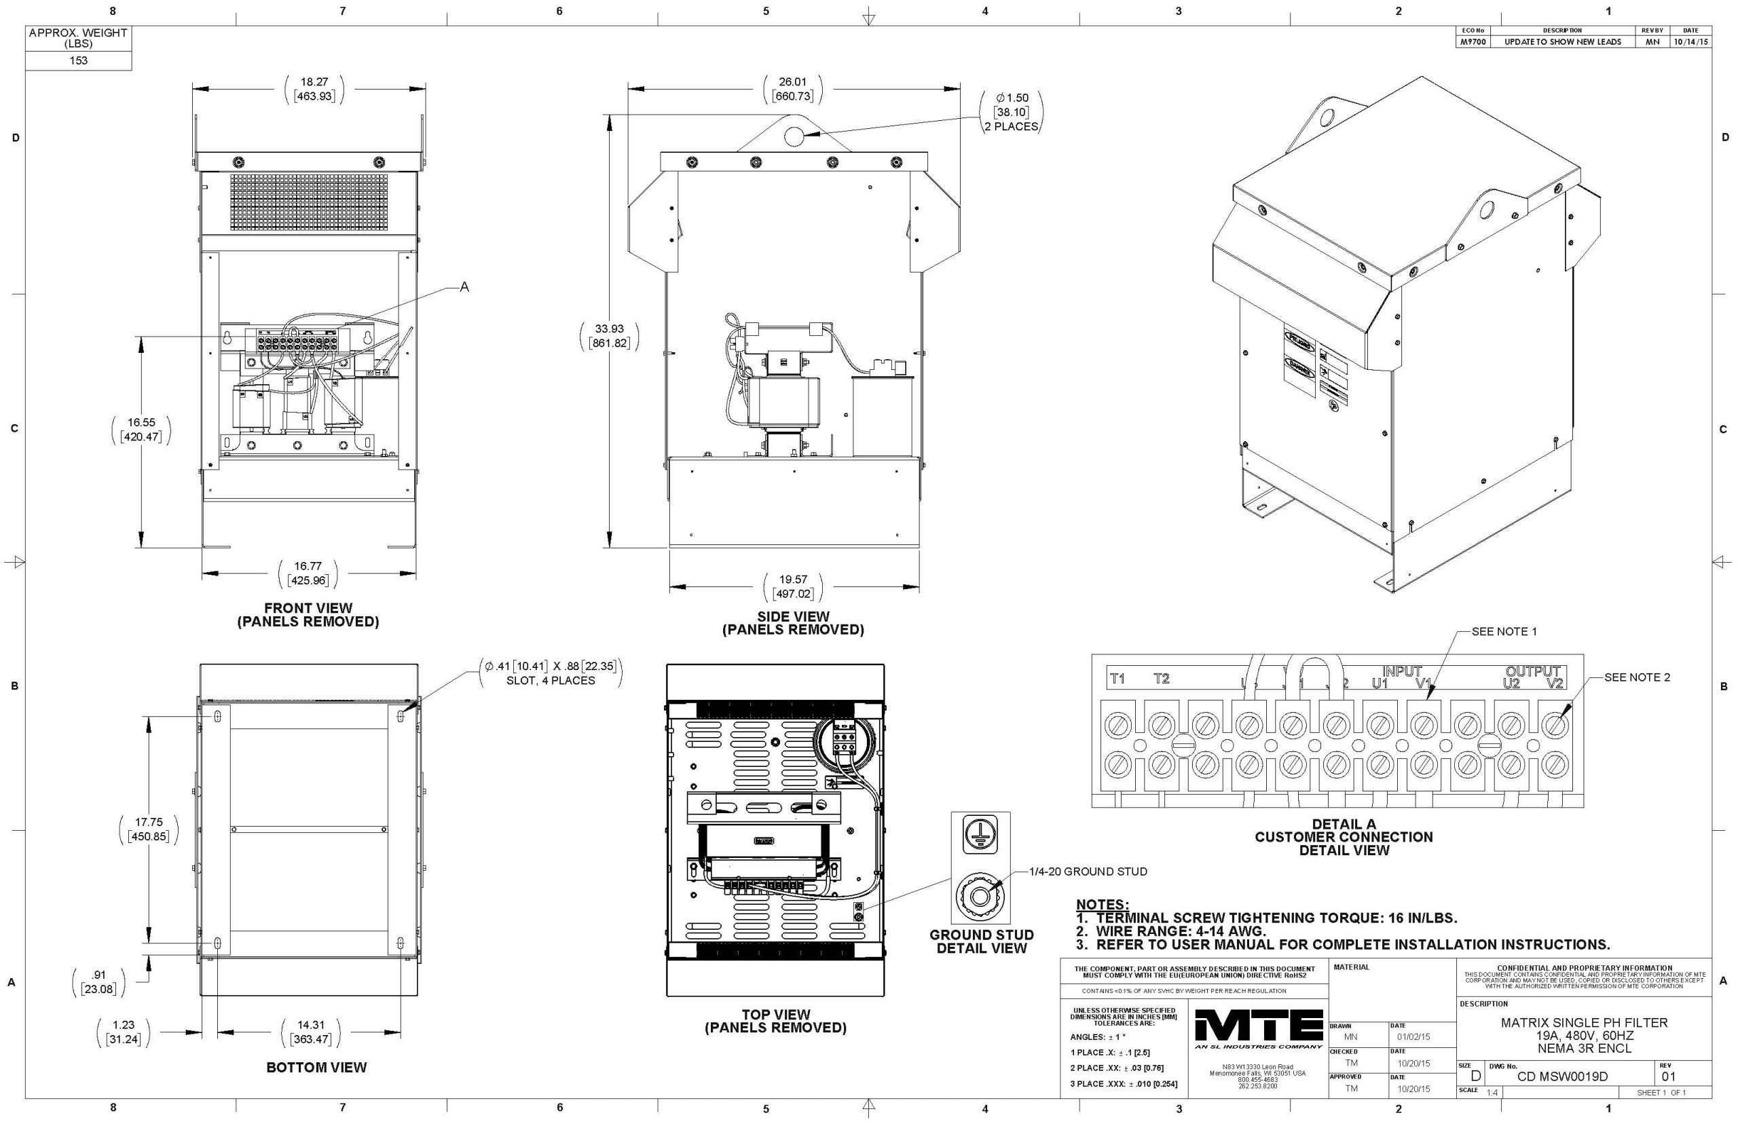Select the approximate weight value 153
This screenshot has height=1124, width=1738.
[x=78, y=60]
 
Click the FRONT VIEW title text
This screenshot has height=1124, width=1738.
[x=308, y=608]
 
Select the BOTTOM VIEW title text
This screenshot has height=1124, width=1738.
[x=316, y=1067]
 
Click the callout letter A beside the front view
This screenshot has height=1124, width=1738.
[x=464, y=288]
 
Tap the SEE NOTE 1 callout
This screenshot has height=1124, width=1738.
[x=1504, y=631]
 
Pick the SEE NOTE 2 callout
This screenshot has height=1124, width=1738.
[x=1637, y=677]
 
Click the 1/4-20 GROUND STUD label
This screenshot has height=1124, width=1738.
[x=1088, y=872]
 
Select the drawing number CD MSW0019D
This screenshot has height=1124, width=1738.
[x=1562, y=1076]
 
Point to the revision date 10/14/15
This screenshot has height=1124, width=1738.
[x=1690, y=41]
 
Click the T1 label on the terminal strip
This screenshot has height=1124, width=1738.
[x=1117, y=679]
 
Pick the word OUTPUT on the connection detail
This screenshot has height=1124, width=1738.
[x=1533, y=671]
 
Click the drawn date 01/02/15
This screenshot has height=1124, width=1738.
[x=1413, y=1036]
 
